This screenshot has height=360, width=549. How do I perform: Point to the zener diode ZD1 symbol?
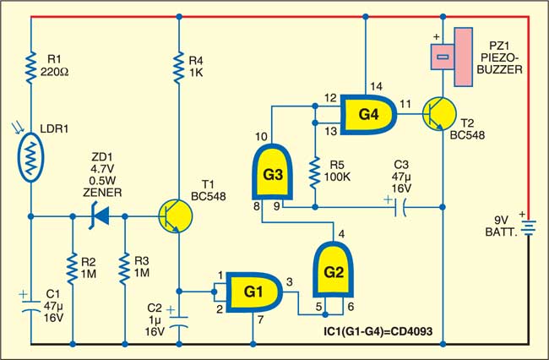(x=98, y=215)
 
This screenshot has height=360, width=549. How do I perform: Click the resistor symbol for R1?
(x=30, y=69)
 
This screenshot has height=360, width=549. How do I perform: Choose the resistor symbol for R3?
(x=125, y=269)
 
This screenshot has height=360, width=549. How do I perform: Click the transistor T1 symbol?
(x=172, y=216)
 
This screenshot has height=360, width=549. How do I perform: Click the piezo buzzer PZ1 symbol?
(x=454, y=56)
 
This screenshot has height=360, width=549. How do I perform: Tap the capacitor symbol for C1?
(x=30, y=305)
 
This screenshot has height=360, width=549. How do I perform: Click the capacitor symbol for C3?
(x=399, y=205)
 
